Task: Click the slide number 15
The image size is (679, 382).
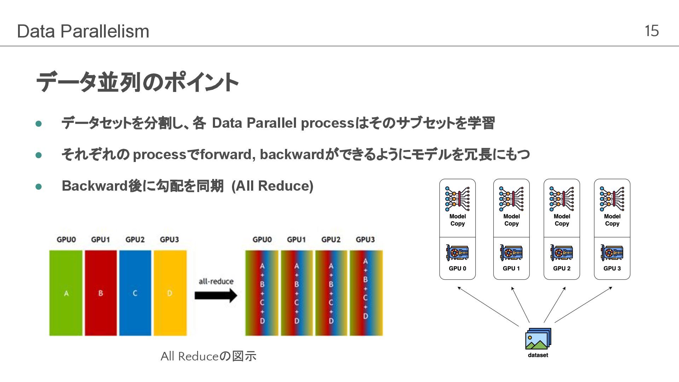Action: pos(651,31)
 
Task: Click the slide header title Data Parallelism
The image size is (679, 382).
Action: pos(83,31)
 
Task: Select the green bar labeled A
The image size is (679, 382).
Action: pos(66,293)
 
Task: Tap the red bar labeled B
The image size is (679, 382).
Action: pos(100,293)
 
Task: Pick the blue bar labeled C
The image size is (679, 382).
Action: pos(135,293)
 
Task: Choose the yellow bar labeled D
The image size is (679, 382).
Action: pos(170,293)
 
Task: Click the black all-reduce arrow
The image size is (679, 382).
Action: pos(216,295)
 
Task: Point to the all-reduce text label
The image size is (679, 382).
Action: pos(216,281)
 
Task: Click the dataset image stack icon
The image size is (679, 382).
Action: pos(538,339)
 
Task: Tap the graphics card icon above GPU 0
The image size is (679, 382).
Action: pos(457,253)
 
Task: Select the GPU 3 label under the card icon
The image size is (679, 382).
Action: pos(612,268)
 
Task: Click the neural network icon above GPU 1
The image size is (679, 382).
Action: pos(511,199)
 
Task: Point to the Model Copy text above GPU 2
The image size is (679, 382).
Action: pos(562,220)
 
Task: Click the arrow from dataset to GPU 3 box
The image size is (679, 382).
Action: pos(584,305)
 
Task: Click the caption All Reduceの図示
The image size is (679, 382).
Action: pos(208,356)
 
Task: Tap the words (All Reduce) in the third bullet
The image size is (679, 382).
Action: pos(272,186)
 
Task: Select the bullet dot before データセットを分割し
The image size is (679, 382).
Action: pos(39,124)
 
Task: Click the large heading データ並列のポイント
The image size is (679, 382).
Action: pos(137,82)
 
